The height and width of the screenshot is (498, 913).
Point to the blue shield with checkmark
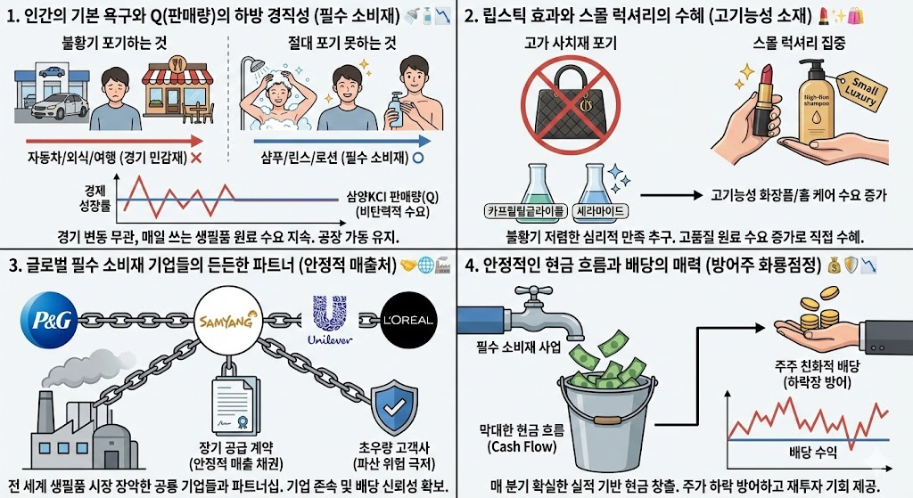click(393, 408)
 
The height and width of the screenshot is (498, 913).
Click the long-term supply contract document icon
click(234, 408)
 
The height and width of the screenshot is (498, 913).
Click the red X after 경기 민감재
click(195, 157)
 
